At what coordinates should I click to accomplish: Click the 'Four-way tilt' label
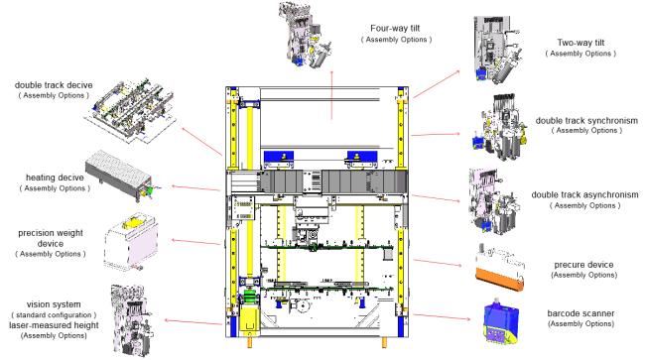pyautogui.click(x=395, y=29)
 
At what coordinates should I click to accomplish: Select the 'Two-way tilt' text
pyautogui.click(x=580, y=43)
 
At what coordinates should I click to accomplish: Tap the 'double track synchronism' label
pyautogui.click(x=586, y=120)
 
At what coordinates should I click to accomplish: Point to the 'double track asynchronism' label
pyautogui.click(x=584, y=194)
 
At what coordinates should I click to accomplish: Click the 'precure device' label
pyautogui.click(x=583, y=265)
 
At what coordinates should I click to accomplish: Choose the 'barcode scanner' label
pyautogui.click(x=580, y=313)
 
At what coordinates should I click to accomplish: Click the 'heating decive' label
pyautogui.click(x=55, y=178)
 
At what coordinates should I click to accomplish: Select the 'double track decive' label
pyautogui.click(x=54, y=85)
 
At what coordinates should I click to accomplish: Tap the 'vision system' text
pyautogui.click(x=54, y=304)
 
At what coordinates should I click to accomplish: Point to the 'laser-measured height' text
pyautogui.click(x=54, y=325)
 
